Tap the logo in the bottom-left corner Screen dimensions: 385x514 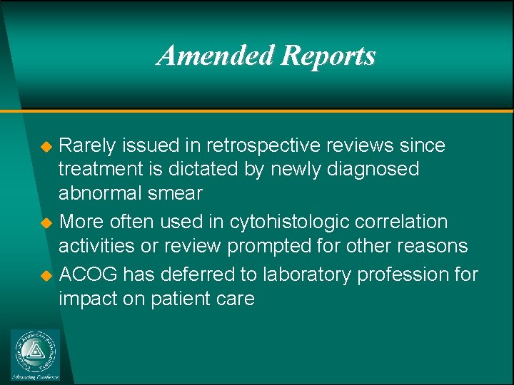[x=36, y=354]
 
